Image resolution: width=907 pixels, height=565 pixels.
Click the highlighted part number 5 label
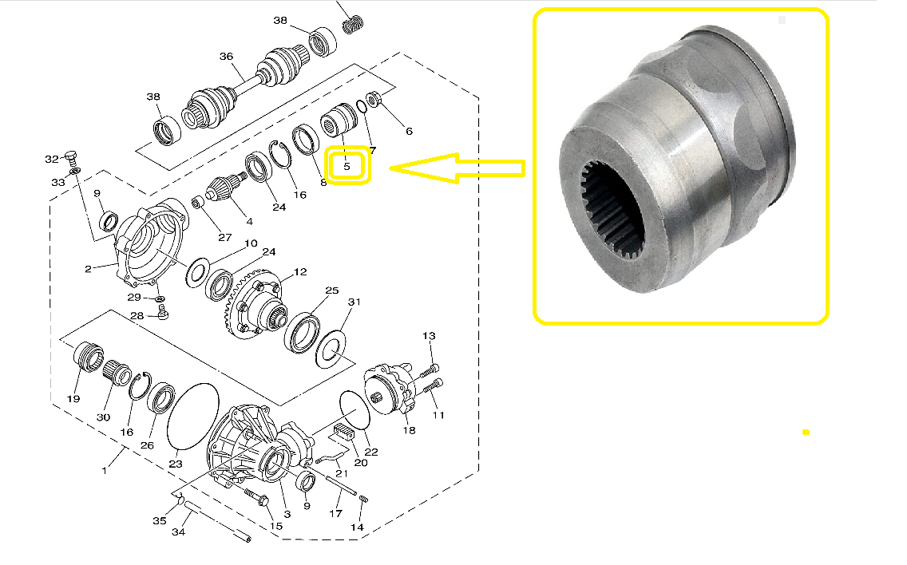[347, 166]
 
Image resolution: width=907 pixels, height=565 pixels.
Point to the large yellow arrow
[457, 168]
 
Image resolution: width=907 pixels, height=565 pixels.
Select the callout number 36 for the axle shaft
[226, 56]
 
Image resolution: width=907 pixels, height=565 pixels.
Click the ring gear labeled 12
[255, 306]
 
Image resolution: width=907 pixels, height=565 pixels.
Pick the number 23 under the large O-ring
[176, 464]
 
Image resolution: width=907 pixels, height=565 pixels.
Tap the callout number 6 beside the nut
[409, 131]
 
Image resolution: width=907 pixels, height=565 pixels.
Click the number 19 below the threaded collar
[73, 398]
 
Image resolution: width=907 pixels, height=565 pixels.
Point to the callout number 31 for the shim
[354, 302]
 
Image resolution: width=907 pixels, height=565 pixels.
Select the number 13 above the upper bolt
[429, 335]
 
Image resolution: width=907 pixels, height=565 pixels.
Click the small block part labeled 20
[343, 432]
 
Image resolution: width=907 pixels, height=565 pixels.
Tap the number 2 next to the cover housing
[88, 269]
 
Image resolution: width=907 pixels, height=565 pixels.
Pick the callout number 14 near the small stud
[357, 527]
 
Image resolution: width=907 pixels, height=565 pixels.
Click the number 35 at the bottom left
[160, 520]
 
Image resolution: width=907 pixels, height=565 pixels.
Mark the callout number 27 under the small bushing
[225, 237]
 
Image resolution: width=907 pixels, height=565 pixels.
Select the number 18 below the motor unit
[409, 430]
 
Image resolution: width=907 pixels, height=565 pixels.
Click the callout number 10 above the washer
[251, 243]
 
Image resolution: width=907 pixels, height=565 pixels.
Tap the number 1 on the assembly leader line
[104, 471]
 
